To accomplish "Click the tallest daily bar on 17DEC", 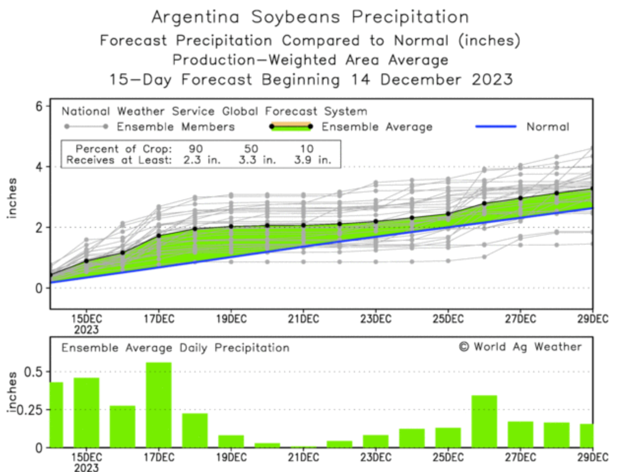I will [x=159, y=405].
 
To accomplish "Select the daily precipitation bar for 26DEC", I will [x=484, y=421].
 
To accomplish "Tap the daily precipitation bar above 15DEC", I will [x=86, y=412].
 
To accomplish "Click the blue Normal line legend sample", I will [x=496, y=127].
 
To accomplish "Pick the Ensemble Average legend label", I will [x=377, y=127].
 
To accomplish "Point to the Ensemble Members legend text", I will [x=175, y=127].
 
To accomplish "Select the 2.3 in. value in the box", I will [x=202, y=160].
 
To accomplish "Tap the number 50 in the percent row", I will [x=251, y=149].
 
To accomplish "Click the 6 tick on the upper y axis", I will [x=39, y=106].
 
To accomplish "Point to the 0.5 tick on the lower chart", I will [x=33, y=372].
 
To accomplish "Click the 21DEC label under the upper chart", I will [x=303, y=319].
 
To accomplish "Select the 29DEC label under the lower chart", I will [x=592, y=458].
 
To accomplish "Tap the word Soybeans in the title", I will [x=295, y=17].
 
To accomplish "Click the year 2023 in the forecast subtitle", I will [x=492, y=79].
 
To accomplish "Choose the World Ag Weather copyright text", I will [x=520, y=347].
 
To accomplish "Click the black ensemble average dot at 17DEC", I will [x=159, y=236].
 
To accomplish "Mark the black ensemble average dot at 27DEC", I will [x=520, y=198].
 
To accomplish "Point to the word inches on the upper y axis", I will [x=12, y=198].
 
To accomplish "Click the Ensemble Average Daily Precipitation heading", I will [x=175, y=348].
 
